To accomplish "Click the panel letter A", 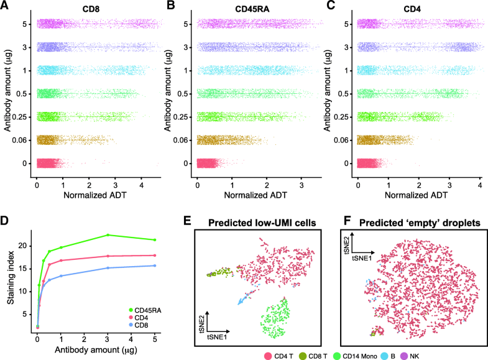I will [6, 6].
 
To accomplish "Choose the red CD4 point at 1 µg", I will [61, 261].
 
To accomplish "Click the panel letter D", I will [6, 221].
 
